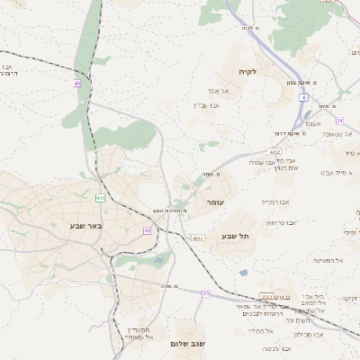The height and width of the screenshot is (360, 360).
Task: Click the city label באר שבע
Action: coord(86,225)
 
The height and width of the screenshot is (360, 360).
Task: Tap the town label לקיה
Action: coord(248,70)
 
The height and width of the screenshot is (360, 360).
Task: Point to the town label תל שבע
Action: coord(235,236)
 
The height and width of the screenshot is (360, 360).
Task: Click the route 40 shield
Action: coord(77,84)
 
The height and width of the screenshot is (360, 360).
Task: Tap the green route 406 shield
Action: coord(100,197)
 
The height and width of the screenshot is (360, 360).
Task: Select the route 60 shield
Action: coord(147,230)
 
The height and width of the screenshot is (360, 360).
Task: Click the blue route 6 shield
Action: coord(304,97)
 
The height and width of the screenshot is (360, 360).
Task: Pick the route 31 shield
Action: coord(339,120)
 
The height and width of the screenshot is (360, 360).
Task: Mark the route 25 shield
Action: coord(205,293)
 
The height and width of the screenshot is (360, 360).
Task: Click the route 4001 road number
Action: coord(197,238)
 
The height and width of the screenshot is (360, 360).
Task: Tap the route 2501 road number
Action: coord(266,296)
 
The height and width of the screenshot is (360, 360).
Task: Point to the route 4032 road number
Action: coord(274,152)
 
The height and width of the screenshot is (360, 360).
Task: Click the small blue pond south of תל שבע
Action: coord(243,273)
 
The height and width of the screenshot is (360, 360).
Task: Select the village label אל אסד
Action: coord(222,91)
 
